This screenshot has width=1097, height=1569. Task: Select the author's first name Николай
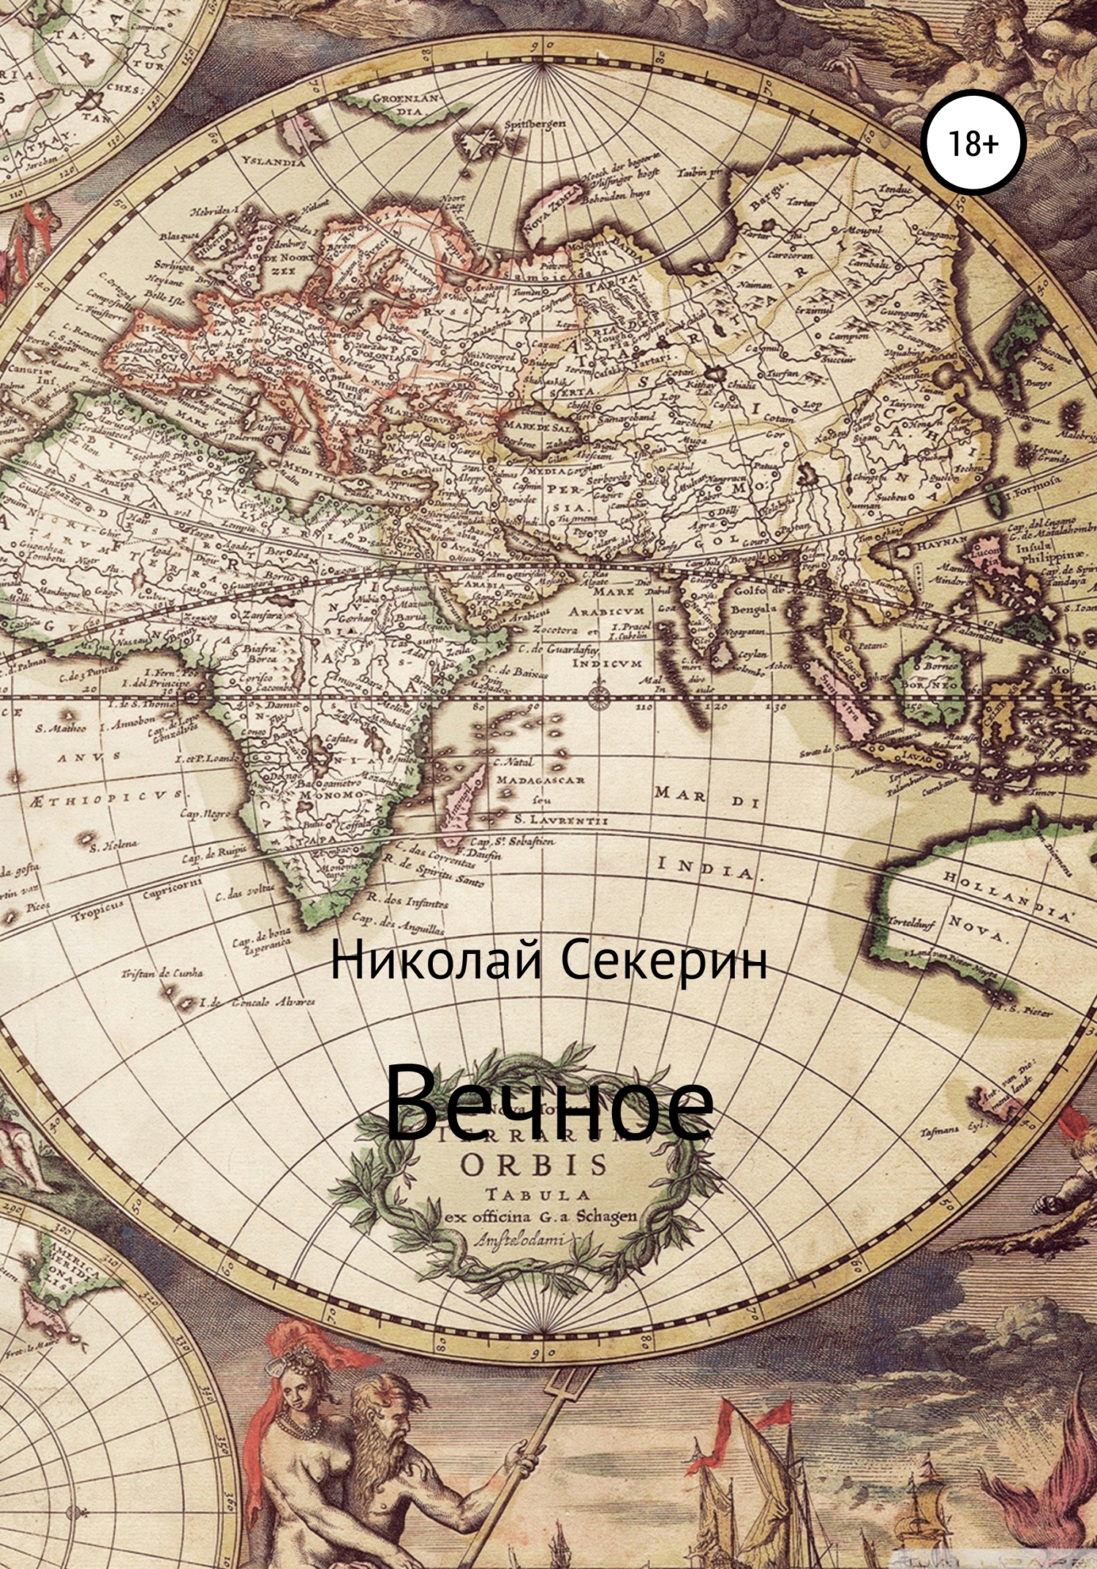436,962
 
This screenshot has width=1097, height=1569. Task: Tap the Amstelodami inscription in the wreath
515,1239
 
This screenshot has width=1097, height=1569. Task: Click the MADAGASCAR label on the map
540,780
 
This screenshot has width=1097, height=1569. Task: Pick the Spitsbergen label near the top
535,124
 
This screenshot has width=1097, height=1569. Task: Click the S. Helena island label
113,845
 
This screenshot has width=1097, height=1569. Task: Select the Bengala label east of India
753,609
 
